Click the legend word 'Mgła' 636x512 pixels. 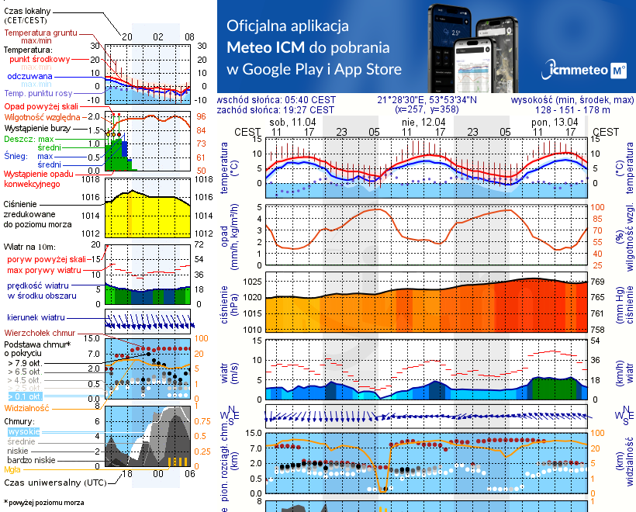coord(12,469)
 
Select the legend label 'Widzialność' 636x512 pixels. coord(27,406)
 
